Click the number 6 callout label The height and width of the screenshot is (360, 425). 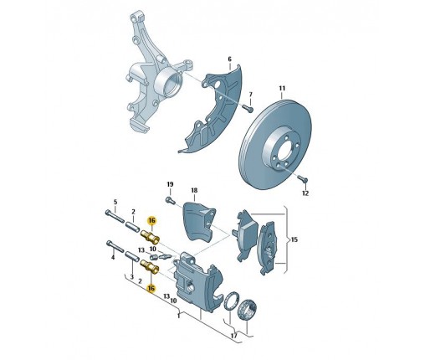229,59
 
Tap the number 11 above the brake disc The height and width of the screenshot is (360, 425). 282,89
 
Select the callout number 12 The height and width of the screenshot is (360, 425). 305,193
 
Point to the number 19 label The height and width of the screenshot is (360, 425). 170,184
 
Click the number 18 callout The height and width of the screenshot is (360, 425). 194,190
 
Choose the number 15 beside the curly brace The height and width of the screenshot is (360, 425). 294,239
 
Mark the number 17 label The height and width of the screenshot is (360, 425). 234,336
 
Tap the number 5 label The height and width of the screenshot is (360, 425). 115,202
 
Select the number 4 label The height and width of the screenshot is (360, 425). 113,257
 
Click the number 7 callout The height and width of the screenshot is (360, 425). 250,94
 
